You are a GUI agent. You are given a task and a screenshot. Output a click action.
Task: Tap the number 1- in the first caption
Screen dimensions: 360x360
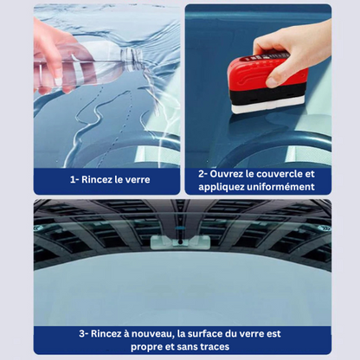75,180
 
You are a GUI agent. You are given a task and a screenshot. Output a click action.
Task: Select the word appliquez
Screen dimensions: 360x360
225,186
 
